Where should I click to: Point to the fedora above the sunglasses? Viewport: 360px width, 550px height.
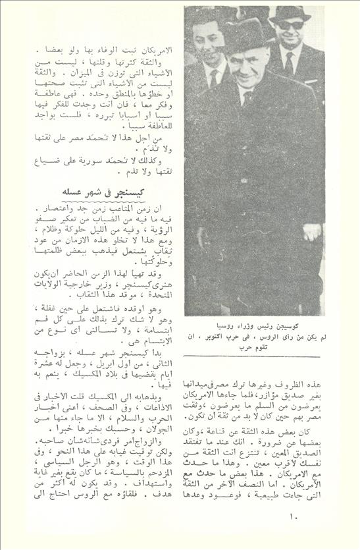pyautogui.click(x=290, y=12)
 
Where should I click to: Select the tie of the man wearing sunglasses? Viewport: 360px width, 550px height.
pyautogui.click(x=288, y=63)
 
